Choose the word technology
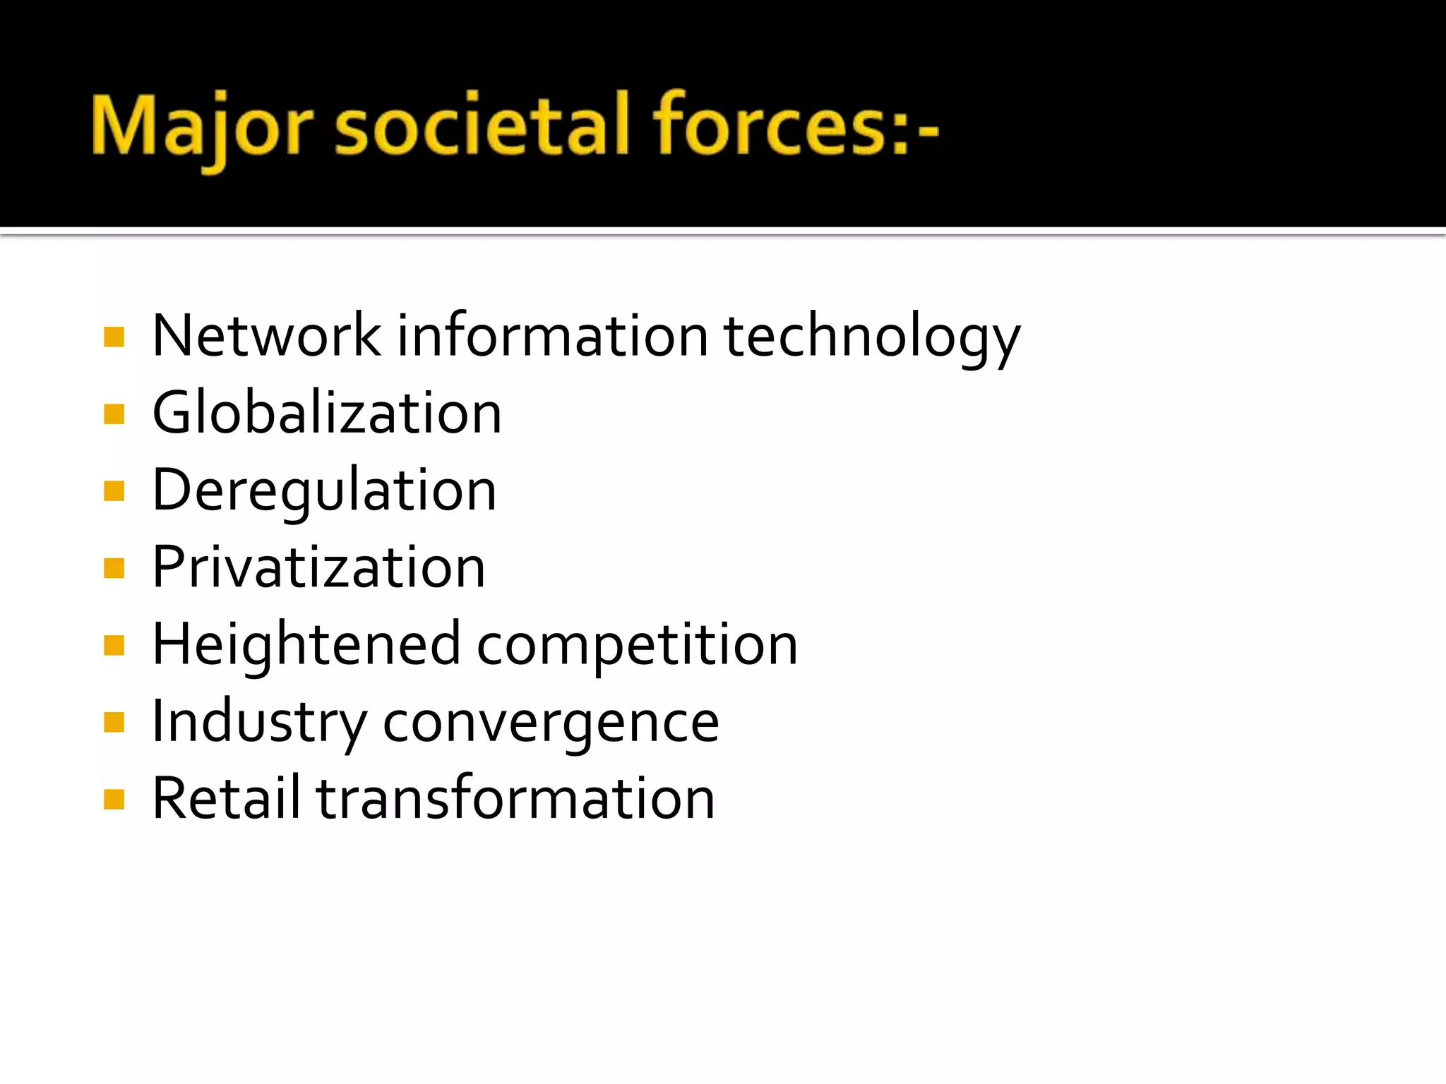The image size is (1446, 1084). click(x=872, y=337)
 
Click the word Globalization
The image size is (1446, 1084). click(x=327, y=413)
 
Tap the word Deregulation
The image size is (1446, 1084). click(x=324, y=490)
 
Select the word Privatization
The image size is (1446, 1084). click(x=318, y=567)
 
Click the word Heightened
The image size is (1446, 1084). click(x=306, y=644)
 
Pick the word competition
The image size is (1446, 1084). click(x=637, y=646)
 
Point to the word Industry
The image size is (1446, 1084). click(x=259, y=723)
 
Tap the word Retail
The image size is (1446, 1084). click(x=226, y=798)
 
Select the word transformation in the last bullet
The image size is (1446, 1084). click(x=515, y=798)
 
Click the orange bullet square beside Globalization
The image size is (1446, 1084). click(x=114, y=414)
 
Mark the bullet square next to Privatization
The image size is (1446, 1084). click(x=114, y=568)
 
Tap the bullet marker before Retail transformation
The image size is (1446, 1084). click(x=114, y=800)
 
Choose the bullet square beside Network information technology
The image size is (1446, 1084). click(x=114, y=337)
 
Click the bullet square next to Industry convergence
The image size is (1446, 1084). click(x=114, y=723)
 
